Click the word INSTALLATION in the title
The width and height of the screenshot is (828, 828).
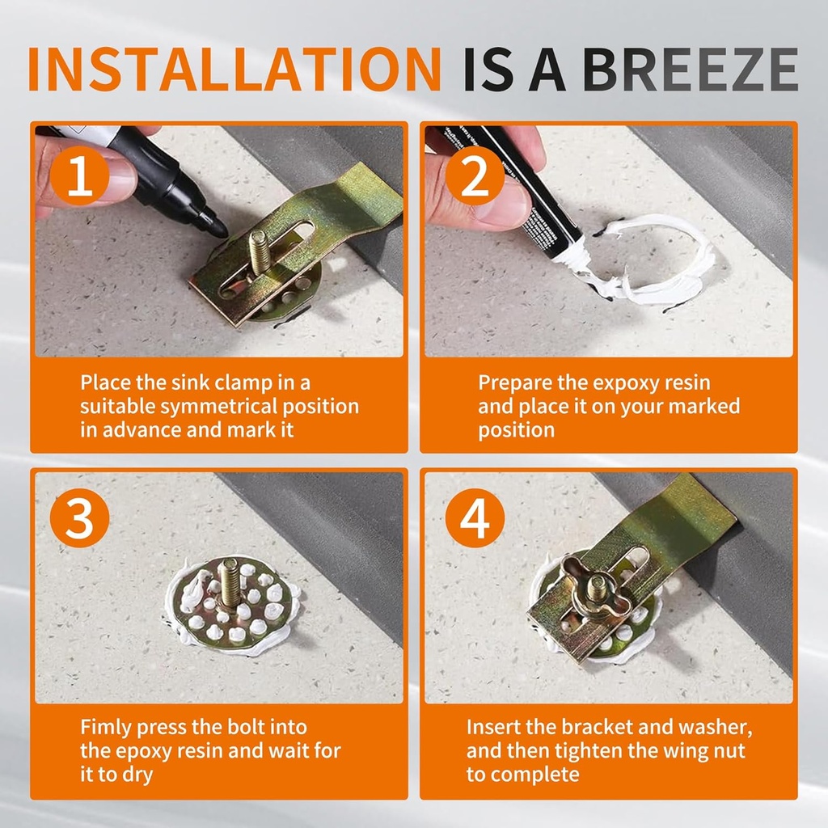pyautogui.click(x=234, y=70)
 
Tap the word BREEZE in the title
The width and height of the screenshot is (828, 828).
pyautogui.click(x=691, y=70)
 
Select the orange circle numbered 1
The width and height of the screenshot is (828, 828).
pyautogui.click(x=80, y=175)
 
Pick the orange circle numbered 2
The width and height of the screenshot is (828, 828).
pyautogui.click(x=475, y=175)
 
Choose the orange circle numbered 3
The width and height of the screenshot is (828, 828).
pyautogui.click(x=80, y=517)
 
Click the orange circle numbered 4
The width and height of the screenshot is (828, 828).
pyautogui.click(x=475, y=517)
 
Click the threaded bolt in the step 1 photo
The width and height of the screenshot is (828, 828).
pyautogui.click(x=260, y=252)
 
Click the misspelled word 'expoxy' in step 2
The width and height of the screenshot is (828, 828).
pyautogui.click(x=600, y=383)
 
